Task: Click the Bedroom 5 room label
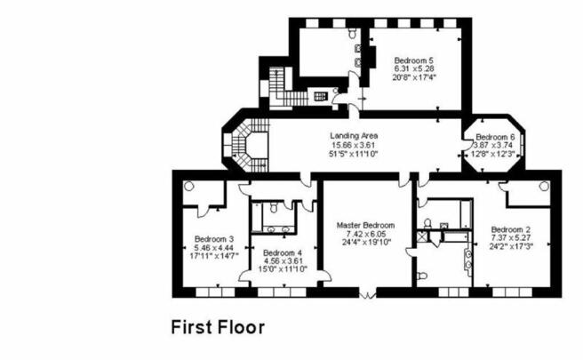(414, 60)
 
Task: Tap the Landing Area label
(354, 136)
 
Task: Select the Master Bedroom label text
(365, 226)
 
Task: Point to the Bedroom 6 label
(495, 137)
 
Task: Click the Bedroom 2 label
(511, 230)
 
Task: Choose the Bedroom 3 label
(214, 239)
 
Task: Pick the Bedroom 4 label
(283, 252)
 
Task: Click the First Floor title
(218, 327)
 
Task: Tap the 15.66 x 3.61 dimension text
(353, 145)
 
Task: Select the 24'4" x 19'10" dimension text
(367, 243)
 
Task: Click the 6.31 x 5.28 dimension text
(414, 68)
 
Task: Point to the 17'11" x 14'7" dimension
(214, 256)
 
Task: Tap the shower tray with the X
(421, 236)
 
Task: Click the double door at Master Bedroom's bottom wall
(367, 295)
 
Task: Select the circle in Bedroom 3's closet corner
(189, 186)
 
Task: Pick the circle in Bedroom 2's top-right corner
(544, 186)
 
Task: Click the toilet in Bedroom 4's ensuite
(274, 207)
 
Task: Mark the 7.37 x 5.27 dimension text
(511, 238)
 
